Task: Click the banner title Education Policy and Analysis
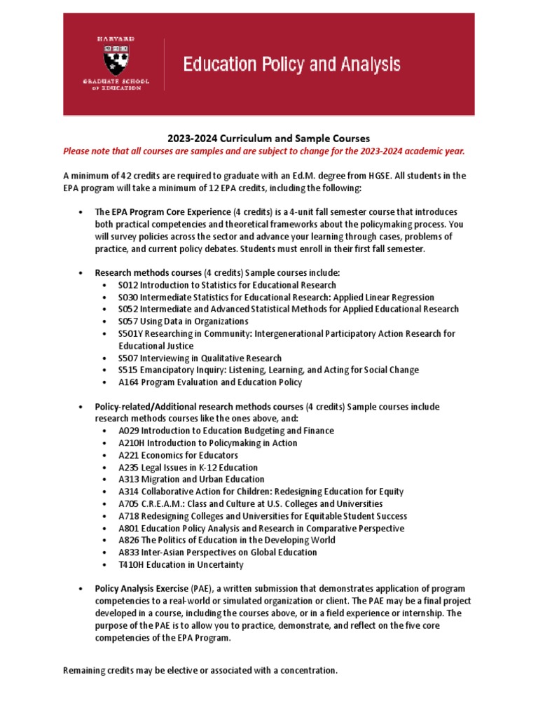pyautogui.click(x=291, y=66)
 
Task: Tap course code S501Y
pyautogui.click(x=132, y=333)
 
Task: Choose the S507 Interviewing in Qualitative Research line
pyautogui.click(x=200, y=358)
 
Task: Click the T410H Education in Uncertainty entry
pyautogui.click(x=181, y=564)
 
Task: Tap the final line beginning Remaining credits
pyautogui.click(x=200, y=670)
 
